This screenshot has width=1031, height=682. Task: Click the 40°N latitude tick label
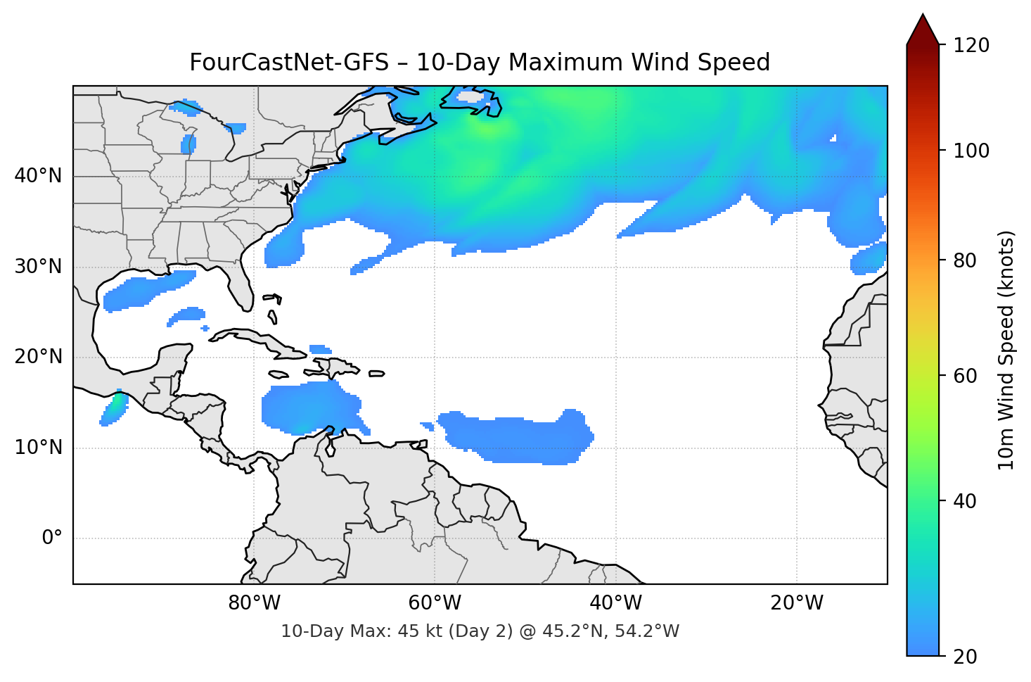38,176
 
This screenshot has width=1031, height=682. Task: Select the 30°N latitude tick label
38,267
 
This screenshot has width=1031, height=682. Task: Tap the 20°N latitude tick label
38,357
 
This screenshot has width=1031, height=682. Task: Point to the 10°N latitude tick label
38,448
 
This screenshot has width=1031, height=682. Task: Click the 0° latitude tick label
52,538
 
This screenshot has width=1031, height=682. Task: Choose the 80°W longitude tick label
254,603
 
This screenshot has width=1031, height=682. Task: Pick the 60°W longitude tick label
435,603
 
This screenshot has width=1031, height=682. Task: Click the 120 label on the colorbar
971,46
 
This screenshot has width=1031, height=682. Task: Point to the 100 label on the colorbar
971,151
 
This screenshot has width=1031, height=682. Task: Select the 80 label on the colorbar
965,260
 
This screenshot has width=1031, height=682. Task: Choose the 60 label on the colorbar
965,376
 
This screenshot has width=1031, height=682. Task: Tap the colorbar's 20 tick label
965,657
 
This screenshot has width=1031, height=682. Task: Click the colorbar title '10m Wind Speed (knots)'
1006,350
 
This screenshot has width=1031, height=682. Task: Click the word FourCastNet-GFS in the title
289,63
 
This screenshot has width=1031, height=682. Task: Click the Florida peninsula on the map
241,285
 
